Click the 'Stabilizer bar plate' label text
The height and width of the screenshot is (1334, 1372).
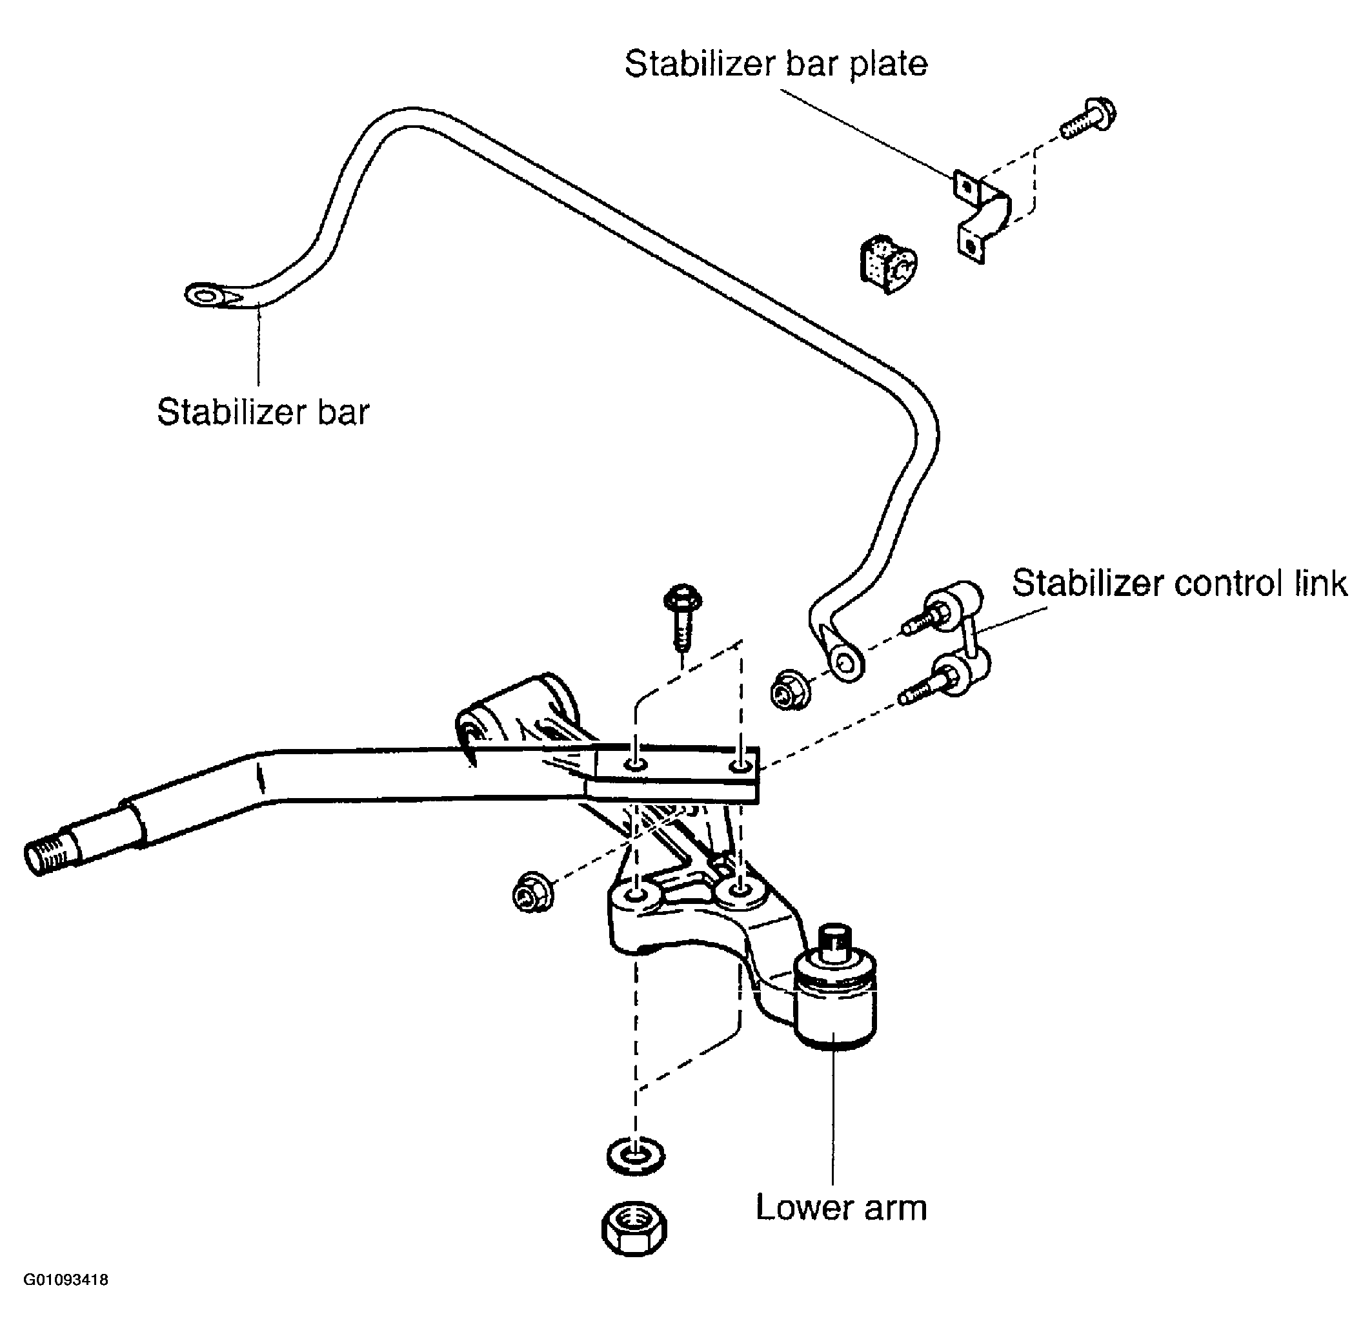776,64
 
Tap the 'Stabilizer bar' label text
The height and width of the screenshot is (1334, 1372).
263,412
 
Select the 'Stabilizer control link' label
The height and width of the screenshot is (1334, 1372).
1180,583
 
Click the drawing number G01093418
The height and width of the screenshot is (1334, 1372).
66,1280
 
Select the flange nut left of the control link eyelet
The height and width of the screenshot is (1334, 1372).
790,690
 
